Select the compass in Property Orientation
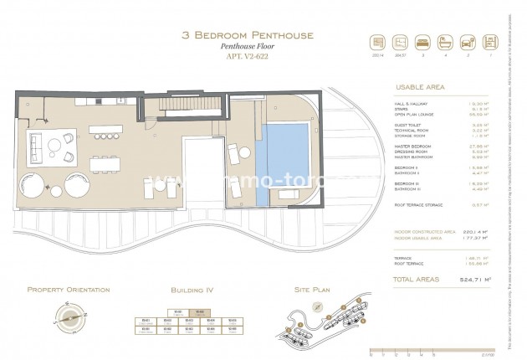click(x=67, y=316)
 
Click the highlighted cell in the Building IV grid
click(x=189, y=314)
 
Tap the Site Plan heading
click(x=315, y=290)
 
